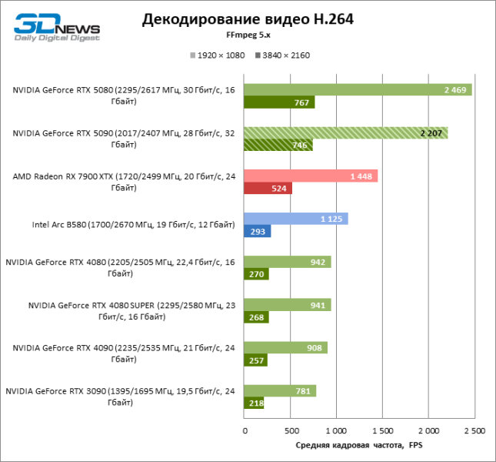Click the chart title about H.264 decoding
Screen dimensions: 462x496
[248, 20]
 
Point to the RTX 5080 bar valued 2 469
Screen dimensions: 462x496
[358, 90]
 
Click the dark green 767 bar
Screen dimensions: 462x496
[279, 102]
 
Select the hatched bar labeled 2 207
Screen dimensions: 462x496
[345, 133]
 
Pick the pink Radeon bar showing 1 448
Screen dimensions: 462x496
[311, 176]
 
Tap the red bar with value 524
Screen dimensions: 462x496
[268, 188]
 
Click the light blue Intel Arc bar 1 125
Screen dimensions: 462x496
[295, 219]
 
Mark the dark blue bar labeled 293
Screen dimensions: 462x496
[257, 231]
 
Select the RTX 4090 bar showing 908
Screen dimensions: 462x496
[285, 347]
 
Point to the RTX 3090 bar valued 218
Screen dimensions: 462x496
[254, 403]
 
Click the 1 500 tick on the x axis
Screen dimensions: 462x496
[381, 430]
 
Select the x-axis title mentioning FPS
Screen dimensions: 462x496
[358, 446]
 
